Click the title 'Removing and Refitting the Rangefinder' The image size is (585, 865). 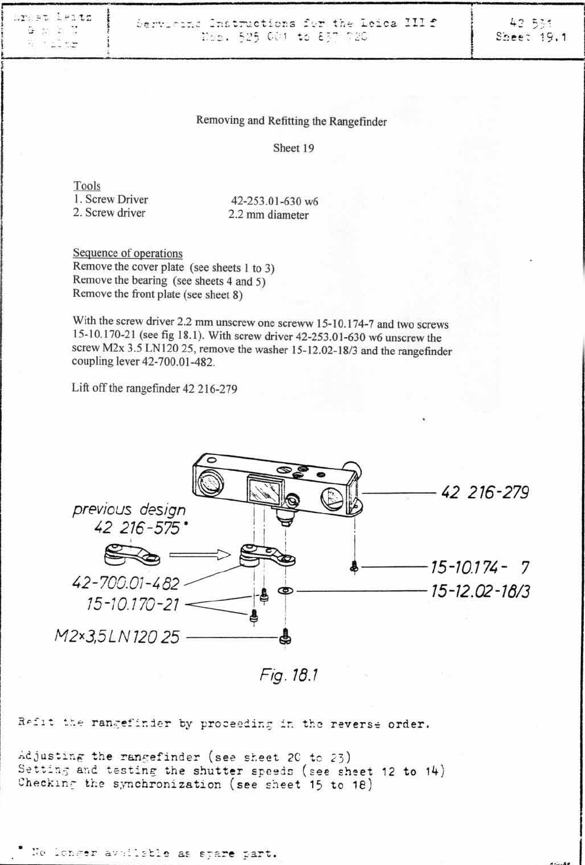point(291,121)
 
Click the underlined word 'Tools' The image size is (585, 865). point(87,185)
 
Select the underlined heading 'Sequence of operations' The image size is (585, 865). point(127,253)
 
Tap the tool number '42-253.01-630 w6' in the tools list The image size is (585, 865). point(274,201)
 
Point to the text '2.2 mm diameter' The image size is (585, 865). point(268,215)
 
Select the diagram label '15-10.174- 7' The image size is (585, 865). point(480,568)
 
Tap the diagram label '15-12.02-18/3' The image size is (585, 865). point(480,591)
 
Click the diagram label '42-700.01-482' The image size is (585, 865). point(125,584)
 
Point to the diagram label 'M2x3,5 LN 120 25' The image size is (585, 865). point(117,637)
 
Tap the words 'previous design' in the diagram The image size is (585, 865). point(129,509)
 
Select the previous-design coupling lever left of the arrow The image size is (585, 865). point(131,555)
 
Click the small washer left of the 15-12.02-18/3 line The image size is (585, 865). point(285,591)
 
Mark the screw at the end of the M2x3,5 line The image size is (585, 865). point(285,637)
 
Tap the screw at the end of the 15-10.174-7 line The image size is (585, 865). point(354,568)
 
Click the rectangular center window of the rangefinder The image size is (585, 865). point(263,490)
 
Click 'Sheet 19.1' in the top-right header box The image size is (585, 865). point(531,37)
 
